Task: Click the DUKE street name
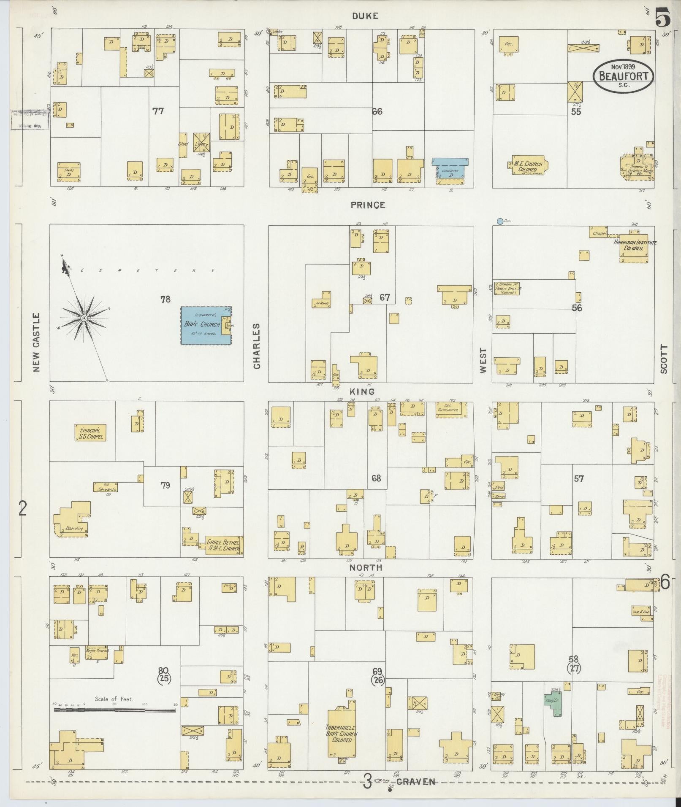(x=366, y=16)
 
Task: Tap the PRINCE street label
(x=367, y=205)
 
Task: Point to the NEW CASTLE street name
(x=36, y=342)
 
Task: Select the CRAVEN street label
(x=416, y=782)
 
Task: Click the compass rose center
(x=84, y=317)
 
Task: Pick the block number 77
(x=158, y=111)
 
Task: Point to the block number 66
(x=377, y=111)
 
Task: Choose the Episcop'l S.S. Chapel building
(x=90, y=432)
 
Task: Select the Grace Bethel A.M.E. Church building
(x=223, y=546)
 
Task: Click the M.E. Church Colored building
(x=527, y=166)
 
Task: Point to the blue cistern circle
(x=500, y=221)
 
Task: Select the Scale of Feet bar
(x=114, y=710)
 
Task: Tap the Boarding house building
(x=72, y=520)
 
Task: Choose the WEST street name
(x=483, y=361)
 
